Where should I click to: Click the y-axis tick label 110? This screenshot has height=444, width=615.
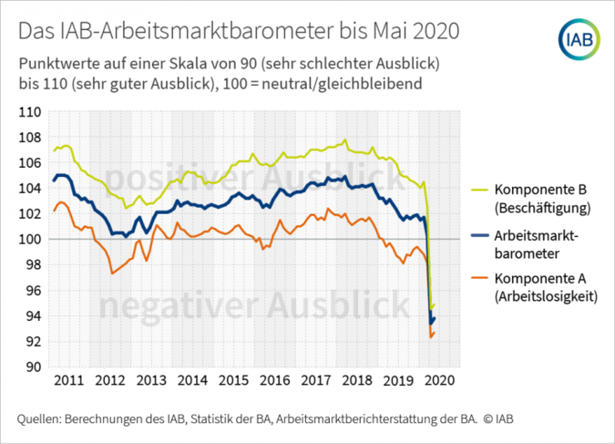[x=30, y=112]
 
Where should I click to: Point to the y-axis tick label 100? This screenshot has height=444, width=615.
[x=30, y=240]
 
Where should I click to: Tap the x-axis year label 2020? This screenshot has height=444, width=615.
[x=438, y=380]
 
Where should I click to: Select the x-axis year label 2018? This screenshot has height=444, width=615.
[x=356, y=380]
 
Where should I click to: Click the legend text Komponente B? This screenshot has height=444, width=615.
[x=539, y=190]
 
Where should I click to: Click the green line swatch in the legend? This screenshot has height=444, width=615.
[x=477, y=190]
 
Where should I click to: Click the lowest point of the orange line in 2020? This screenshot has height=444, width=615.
[x=431, y=337]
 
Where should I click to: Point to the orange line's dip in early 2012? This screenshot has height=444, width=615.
[x=111, y=274]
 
